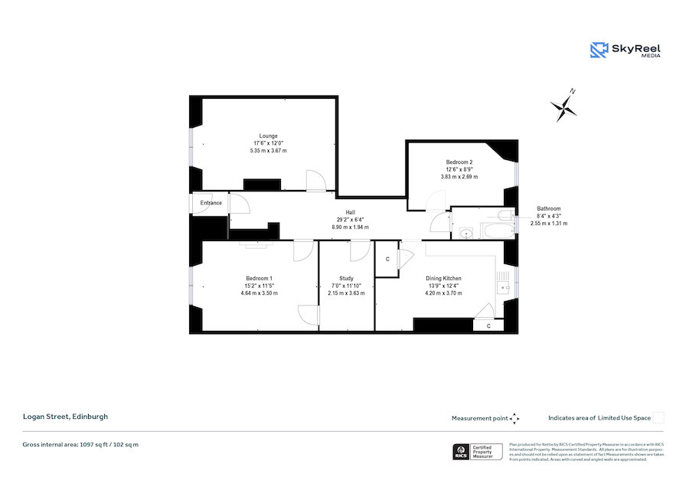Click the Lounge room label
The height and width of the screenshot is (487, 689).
click(x=268, y=136)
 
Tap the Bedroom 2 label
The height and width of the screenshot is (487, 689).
click(x=459, y=162)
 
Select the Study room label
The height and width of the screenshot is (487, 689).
click(x=346, y=278)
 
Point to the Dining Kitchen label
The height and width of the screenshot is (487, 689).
click(x=445, y=278)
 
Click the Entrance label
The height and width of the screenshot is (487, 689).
click(x=211, y=203)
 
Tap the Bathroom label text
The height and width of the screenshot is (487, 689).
click(x=548, y=208)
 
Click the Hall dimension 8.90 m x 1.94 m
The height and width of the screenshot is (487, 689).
click(x=350, y=227)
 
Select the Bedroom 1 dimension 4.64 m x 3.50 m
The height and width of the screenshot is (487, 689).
click(x=259, y=293)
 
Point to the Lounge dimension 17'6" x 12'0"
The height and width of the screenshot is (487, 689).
click(x=268, y=143)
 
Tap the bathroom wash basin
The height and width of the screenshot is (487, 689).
click(x=465, y=232)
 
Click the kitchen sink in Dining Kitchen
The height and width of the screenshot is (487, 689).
click(x=503, y=287)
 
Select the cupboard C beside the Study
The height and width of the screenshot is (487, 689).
click(x=387, y=260)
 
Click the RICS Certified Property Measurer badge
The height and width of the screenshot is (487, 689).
click(x=478, y=452)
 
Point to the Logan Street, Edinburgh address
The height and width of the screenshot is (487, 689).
click(x=65, y=417)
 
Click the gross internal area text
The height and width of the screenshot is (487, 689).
click(x=80, y=444)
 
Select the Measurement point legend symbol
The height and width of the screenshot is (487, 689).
click(x=514, y=418)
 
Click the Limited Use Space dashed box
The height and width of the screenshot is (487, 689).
click(x=658, y=417)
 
